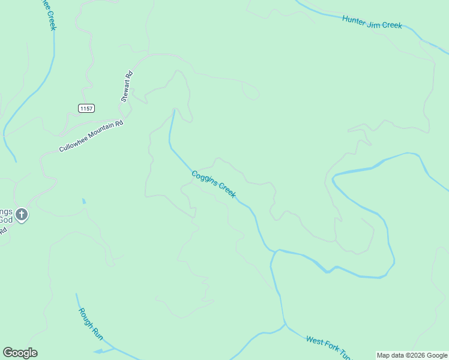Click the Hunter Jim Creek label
coord(372,22)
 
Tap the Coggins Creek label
coord(213,184)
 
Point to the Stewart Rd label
coord(127,87)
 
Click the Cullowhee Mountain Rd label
coord(91,136)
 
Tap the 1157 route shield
coord(86,107)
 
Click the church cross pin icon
coord(22,214)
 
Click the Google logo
coord(20,353)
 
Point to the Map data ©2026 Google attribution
coord(412,355)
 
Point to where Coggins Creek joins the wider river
coord(273,251)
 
